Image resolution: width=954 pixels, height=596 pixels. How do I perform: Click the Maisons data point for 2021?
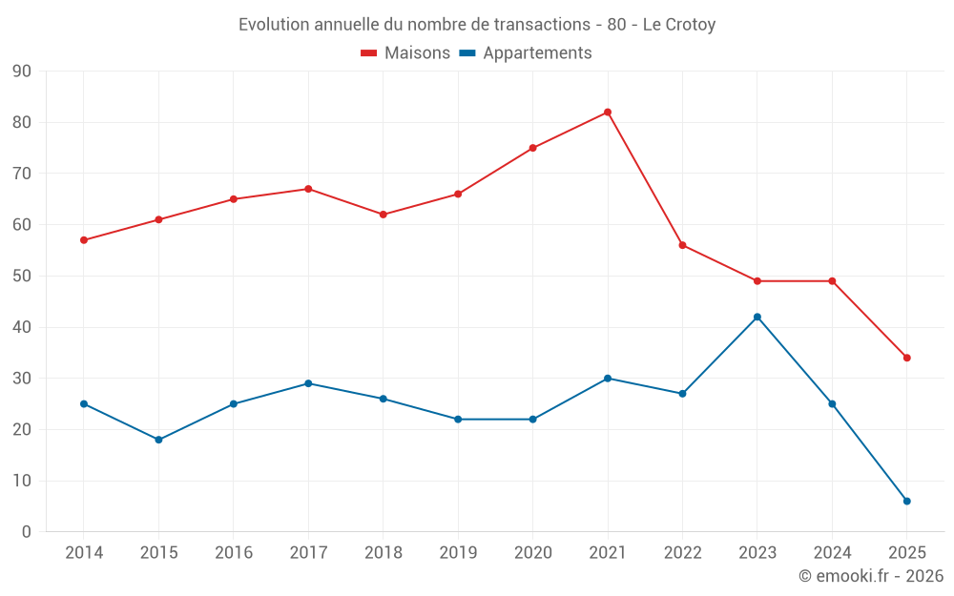(608, 113)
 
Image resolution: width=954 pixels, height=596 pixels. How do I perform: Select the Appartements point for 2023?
(757, 317)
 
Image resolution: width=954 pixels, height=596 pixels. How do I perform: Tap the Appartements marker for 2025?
(907, 501)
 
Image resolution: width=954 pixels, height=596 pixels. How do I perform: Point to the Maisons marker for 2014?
(84, 240)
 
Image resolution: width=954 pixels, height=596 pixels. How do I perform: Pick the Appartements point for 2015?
(158, 440)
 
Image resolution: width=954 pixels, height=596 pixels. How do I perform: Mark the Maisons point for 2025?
(907, 358)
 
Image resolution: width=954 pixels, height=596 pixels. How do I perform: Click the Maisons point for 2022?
(682, 245)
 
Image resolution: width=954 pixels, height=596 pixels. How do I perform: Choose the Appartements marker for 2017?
(308, 383)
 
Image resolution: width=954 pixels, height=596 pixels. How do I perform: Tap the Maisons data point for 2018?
(383, 215)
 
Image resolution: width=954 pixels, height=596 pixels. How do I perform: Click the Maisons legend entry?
(405, 53)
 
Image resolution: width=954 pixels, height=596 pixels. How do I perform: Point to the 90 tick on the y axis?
(22, 72)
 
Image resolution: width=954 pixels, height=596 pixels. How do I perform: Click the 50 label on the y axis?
(22, 277)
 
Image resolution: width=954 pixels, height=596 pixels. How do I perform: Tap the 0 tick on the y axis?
(27, 532)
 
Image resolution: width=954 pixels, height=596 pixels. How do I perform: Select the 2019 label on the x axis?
(458, 553)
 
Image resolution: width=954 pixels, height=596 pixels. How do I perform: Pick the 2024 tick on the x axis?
(832, 553)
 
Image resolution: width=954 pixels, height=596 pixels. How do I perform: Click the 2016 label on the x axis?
(234, 553)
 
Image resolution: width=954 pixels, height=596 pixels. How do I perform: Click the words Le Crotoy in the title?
(679, 25)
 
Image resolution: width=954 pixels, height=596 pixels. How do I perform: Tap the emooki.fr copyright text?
(871, 576)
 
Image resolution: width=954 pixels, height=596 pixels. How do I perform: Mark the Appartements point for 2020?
(532, 420)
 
